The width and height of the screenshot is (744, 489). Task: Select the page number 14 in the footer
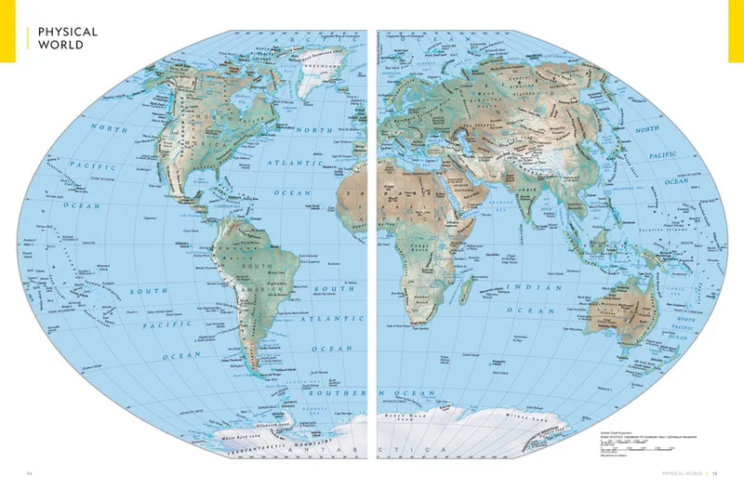[31, 473]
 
